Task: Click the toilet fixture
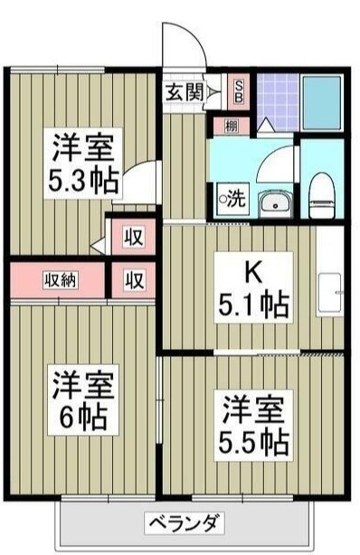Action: point(319,193)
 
